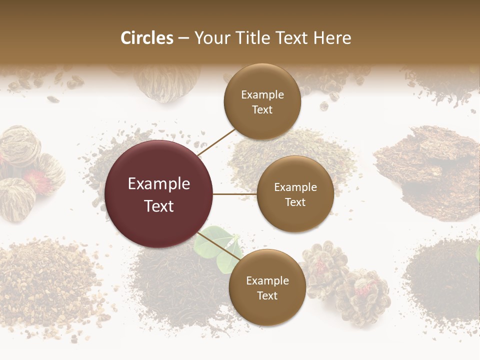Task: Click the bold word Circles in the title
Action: [146, 38]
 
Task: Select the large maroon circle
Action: [159, 194]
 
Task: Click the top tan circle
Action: [262, 102]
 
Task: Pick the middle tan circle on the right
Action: [295, 194]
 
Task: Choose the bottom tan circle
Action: [267, 287]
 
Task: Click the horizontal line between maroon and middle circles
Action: [235, 194]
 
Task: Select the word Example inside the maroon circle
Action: [159, 184]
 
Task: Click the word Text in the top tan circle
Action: [262, 110]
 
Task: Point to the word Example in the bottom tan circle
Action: [267, 280]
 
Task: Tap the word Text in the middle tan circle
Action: [295, 202]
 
